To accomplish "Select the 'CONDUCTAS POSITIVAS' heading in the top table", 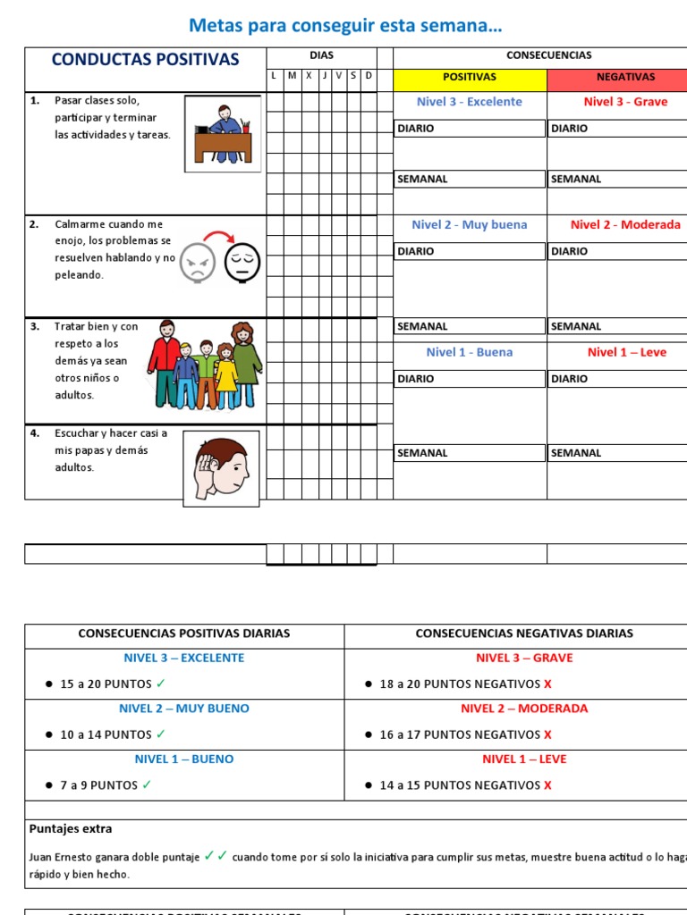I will point(146,60).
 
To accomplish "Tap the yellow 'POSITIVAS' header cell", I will point(469,77).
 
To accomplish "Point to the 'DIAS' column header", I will point(321,55).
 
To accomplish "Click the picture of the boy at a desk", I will point(223,134).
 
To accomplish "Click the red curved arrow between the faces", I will point(218,238).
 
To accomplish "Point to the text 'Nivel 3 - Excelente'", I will point(470,102).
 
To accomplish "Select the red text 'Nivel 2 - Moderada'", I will point(625,225).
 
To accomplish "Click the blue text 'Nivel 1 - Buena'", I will point(470,352).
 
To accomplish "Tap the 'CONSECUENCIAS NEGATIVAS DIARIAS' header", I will point(524,634).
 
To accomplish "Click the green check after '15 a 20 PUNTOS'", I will point(160,684).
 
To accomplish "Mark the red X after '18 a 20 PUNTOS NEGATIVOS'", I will point(547,684).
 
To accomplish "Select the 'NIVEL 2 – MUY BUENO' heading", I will point(184,709).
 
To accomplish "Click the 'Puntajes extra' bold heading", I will point(71,829).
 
